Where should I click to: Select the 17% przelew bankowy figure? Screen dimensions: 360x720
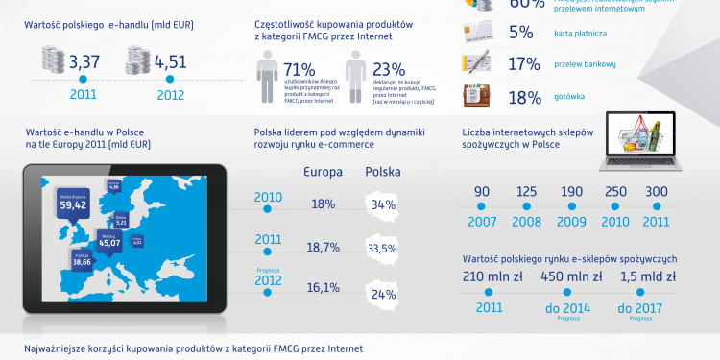521,64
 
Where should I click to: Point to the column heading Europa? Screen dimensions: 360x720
324,173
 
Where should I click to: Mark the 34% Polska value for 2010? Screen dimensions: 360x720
384,204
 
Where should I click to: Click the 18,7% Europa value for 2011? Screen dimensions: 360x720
324,248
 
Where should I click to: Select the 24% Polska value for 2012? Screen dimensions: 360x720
385,294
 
